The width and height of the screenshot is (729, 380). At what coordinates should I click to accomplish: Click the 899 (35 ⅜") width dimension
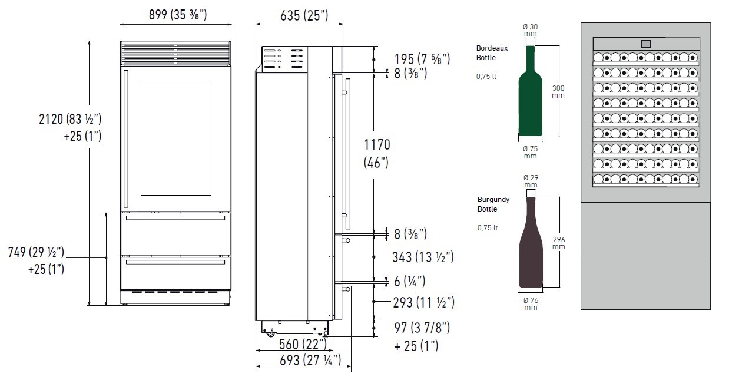pos(178,15)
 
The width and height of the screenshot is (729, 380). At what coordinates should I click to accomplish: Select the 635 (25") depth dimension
pos(304,15)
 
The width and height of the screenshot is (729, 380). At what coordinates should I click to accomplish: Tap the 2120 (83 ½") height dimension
pos(70,119)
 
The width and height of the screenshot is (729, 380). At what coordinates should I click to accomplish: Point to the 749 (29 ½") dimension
pos(36,252)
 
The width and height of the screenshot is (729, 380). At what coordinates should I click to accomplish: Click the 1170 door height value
pos(377,144)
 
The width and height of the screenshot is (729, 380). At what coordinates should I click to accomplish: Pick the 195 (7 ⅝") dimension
pos(422,59)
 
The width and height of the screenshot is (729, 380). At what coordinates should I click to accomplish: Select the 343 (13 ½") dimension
pos(423,257)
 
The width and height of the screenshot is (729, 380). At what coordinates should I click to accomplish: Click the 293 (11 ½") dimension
pos(423,302)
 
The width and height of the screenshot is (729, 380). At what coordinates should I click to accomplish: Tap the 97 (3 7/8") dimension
pos(422,328)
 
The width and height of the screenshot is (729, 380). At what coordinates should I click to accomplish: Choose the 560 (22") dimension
pos(303,344)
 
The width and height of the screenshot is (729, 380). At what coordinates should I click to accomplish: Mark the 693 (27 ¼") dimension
pos(310,360)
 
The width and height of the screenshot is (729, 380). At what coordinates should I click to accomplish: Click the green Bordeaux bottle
pos(530,90)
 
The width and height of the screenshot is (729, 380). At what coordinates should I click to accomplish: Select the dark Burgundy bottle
pos(531,242)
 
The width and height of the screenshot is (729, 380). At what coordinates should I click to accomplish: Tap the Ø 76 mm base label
pos(531,304)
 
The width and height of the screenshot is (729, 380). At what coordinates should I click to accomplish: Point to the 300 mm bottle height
pos(558,91)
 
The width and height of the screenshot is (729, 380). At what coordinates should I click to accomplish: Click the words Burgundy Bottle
pos(493,204)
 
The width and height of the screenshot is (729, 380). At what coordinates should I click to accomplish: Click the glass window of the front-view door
pos(176,138)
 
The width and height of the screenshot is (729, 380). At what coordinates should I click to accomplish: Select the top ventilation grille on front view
pos(175,53)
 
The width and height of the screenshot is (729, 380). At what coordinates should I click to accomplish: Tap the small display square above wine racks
pos(646,44)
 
